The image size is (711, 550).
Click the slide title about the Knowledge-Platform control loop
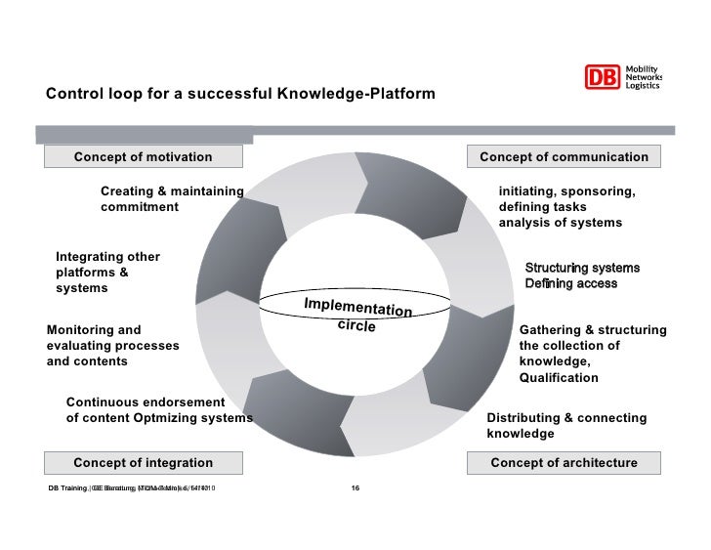click(240, 95)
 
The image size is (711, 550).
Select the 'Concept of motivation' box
click(143, 156)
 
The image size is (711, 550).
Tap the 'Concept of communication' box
click(564, 156)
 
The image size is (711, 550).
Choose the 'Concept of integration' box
click(143, 462)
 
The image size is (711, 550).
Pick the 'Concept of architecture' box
click(564, 462)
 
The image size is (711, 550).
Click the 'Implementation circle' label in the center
click(357, 316)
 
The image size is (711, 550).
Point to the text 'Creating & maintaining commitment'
click(171, 198)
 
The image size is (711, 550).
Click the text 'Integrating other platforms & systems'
click(107, 273)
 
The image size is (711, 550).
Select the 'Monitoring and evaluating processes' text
click(112, 345)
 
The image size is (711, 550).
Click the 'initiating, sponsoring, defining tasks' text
click(566, 198)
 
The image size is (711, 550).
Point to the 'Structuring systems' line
click(582, 268)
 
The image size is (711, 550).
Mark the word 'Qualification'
click(559, 378)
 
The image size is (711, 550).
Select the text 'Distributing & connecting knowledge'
click(566, 425)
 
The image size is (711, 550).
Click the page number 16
click(355, 487)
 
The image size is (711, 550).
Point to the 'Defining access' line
click(571, 283)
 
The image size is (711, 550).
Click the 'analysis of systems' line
click(560, 223)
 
